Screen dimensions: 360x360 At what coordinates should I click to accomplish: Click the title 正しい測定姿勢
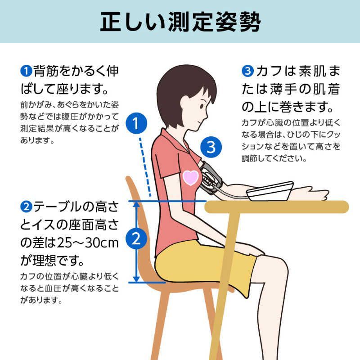(180, 22)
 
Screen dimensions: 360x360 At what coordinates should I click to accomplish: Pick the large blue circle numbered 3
(213, 146)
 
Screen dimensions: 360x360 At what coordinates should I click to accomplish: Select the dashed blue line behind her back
(145, 166)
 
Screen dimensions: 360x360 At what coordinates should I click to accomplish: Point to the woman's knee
(279, 265)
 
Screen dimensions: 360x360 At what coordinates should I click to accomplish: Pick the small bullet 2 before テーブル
(25, 207)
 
